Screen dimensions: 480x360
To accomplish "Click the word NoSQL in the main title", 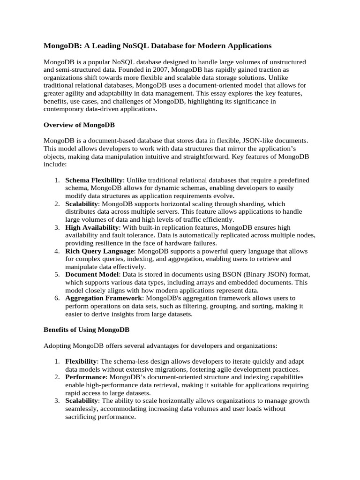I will coord(135,45).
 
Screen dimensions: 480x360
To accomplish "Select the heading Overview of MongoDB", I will coord(79,125).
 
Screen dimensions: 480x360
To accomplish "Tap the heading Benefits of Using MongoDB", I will coord(87,330).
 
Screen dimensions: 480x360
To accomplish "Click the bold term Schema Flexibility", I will coord(94,180).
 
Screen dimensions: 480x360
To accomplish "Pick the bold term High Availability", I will coord(92,227).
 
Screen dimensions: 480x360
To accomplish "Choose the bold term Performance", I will coord(85,377).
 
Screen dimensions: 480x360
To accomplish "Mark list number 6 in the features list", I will coord(56,298).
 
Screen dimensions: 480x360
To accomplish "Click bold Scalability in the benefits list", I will coord(82,401).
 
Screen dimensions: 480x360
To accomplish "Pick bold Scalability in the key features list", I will coord(82,204).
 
